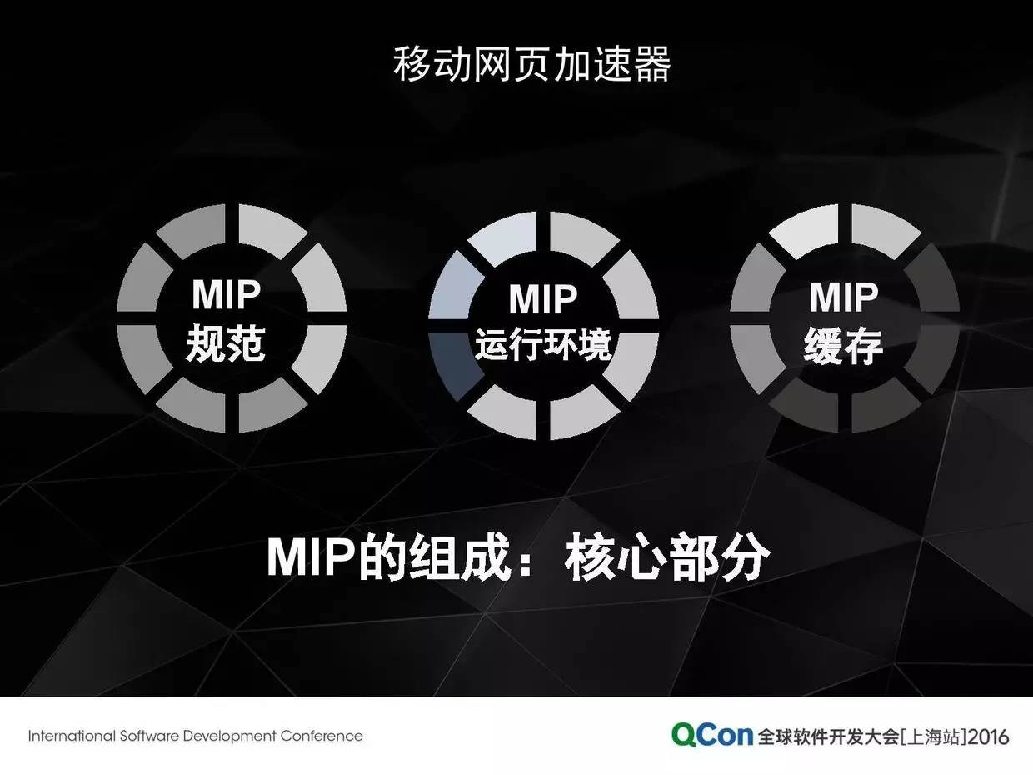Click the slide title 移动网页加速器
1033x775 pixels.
531,64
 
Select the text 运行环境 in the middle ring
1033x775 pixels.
543,344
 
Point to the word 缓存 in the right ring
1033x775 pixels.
843,345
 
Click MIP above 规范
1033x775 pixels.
226,294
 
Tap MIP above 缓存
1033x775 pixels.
844,297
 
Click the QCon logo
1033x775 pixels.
711,735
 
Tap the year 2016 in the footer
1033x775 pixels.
988,737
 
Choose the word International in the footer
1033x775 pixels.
72,736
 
